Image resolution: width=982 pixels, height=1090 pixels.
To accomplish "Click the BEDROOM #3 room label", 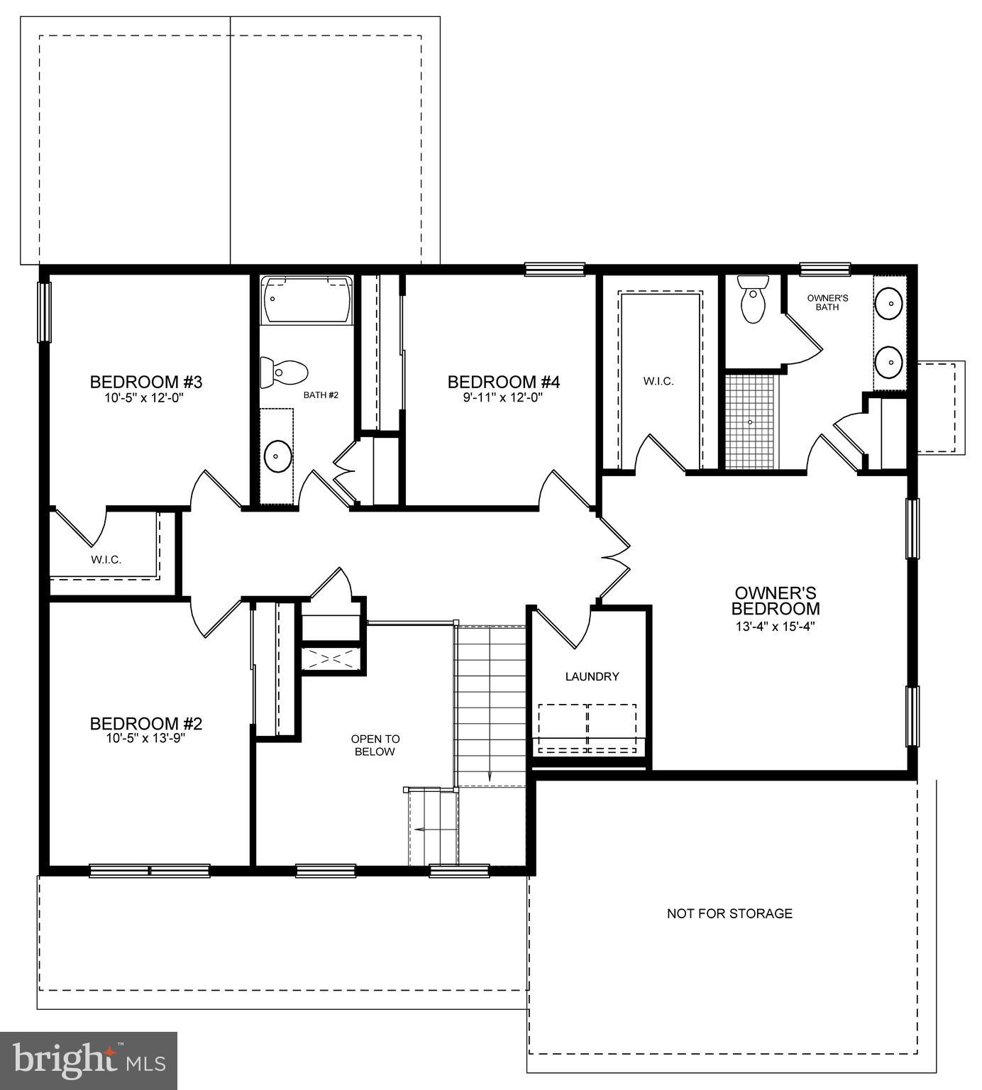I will coord(145,382).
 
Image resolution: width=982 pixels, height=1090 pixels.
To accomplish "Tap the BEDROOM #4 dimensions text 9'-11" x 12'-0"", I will coord(503,398).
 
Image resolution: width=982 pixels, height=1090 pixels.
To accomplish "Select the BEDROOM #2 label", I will coord(145,723).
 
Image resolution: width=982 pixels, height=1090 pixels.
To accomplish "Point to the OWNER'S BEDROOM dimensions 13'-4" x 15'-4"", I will coord(775,627).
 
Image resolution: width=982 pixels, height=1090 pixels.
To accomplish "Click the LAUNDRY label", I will coord(592,676).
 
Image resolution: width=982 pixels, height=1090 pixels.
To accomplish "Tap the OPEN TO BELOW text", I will coord(375,745).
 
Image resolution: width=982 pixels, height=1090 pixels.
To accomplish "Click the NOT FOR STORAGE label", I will coord(729,913).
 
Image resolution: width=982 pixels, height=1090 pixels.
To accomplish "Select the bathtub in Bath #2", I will coord(307,300).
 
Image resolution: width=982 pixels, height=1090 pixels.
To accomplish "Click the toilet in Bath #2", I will coord(284,371).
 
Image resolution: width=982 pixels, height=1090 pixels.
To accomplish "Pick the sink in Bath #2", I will coord(277,456).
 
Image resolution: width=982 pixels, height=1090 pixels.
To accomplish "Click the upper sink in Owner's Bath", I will coord(888,304).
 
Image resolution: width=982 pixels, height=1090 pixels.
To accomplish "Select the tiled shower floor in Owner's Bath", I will coord(751,422).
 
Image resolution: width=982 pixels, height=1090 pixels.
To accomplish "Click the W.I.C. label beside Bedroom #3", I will coord(106,559).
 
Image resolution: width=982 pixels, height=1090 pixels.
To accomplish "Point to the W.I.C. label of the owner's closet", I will coord(658,381).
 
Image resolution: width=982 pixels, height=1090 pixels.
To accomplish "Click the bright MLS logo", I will coord(89,1060).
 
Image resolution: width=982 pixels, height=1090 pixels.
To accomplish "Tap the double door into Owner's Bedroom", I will coord(614,557).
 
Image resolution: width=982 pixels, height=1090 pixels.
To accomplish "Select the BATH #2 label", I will coord(321,395).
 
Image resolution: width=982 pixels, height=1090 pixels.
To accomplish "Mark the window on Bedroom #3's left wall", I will coord(44,312).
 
